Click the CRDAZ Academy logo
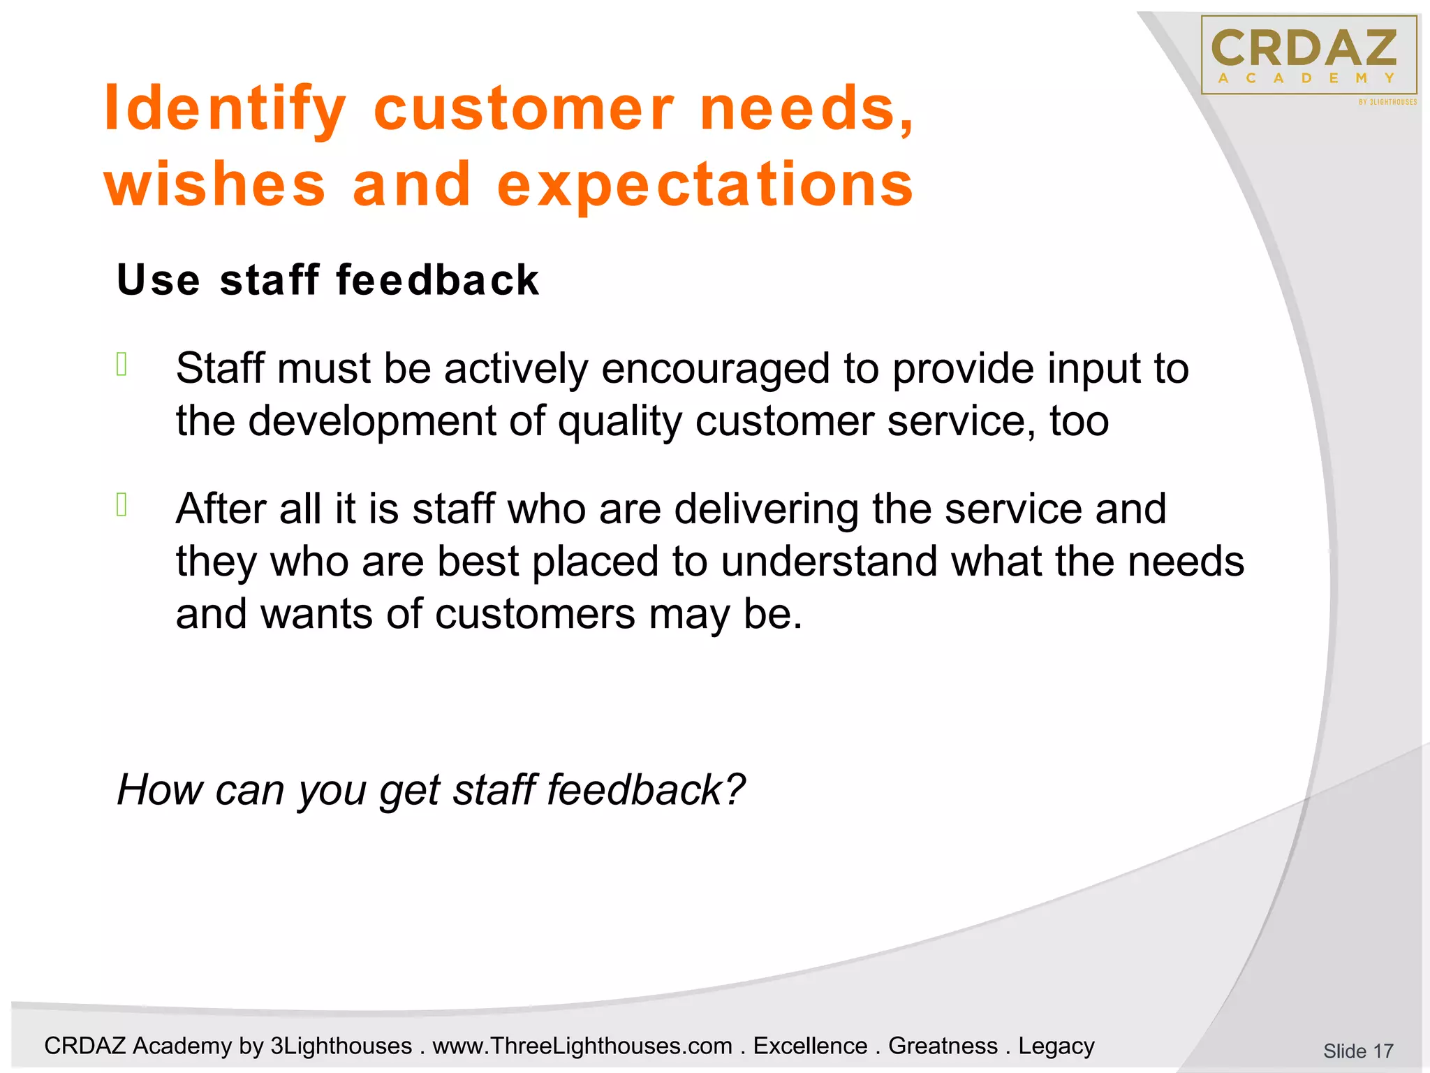(x=1309, y=55)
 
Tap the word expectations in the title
(x=705, y=184)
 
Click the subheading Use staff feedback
(x=327, y=280)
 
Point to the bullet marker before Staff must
(x=121, y=365)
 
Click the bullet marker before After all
(x=121, y=504)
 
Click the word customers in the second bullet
(x=535, y=615)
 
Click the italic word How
(x=160, y=789)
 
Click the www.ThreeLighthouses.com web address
(x=582, y=1046)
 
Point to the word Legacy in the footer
(x=1056, y=1046)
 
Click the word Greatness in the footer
(x=943, y=1046)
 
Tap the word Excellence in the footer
(x=810, y=1046)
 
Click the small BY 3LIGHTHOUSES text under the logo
(x=1387, y=102)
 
